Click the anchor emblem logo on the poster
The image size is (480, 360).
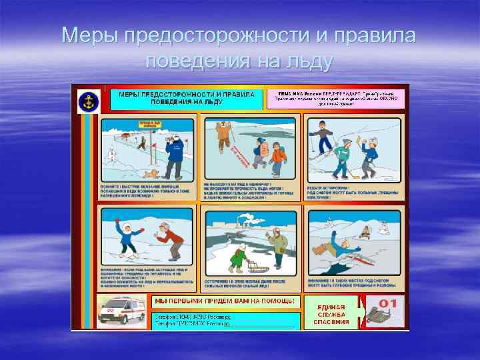88,101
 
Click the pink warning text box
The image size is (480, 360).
336,98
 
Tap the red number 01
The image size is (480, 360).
392,303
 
